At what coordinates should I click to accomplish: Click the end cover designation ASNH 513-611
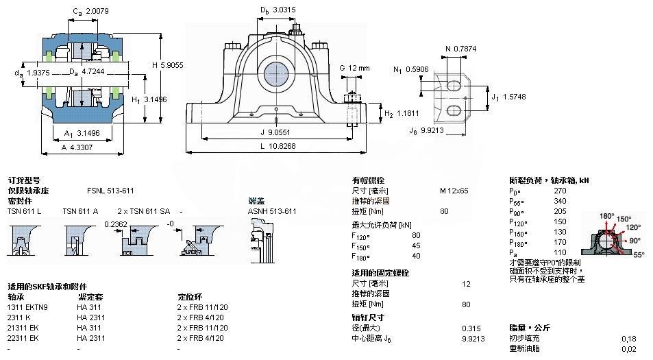click(272, 211)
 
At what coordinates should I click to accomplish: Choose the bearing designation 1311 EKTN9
click(28, 307)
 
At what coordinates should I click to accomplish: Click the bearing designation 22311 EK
click(25, 338)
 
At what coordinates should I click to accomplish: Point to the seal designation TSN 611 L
click(24, 211)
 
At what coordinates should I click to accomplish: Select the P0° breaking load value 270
click(560, 191)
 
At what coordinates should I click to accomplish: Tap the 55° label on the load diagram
click(637, 254)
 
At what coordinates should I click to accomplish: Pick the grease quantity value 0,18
click(628, 339)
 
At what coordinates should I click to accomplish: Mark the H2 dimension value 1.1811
click(410, 113)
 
